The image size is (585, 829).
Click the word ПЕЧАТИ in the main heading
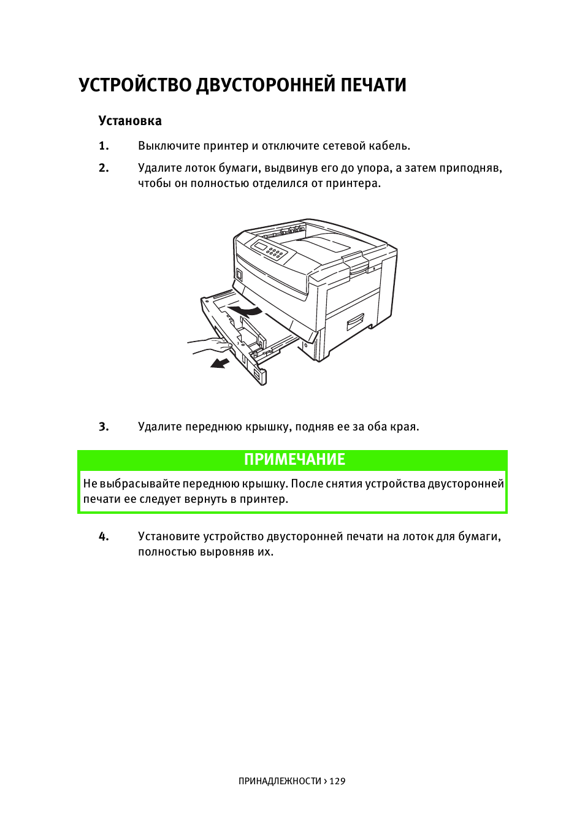373,85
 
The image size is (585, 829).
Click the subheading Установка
130,121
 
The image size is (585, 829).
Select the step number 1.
104,146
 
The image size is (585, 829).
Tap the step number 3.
104,427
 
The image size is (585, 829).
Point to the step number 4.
104,537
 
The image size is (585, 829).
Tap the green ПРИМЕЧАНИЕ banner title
294,459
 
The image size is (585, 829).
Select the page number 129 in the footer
338,781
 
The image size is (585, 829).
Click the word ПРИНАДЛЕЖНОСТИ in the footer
279,781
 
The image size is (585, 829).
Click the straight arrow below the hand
220,364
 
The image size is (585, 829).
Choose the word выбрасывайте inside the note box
140,484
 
